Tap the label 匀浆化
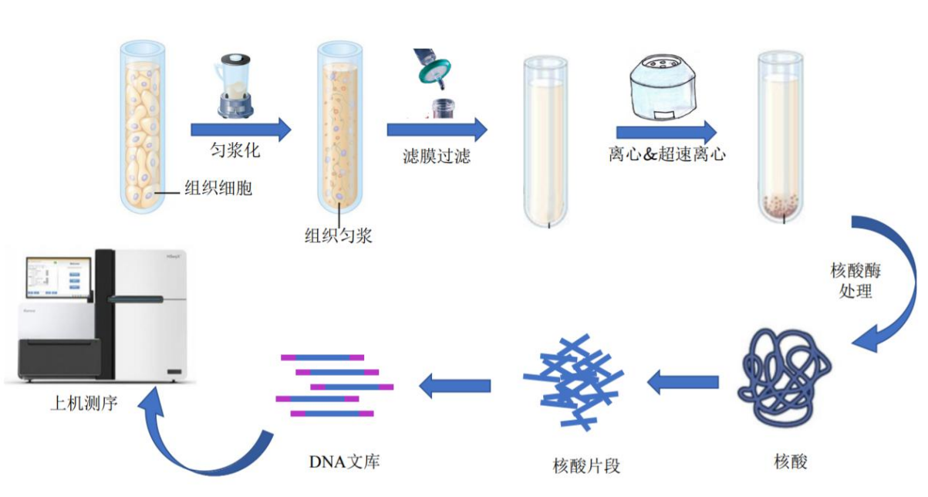(x=235, y=150)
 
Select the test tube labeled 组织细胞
(x=143, y=127)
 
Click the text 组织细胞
(x=218, y=188)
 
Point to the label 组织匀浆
(x=338, y=235)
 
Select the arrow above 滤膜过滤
(x=437, y=129)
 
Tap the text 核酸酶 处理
(x=855, y=282)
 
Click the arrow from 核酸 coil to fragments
(x=683, y=380)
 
